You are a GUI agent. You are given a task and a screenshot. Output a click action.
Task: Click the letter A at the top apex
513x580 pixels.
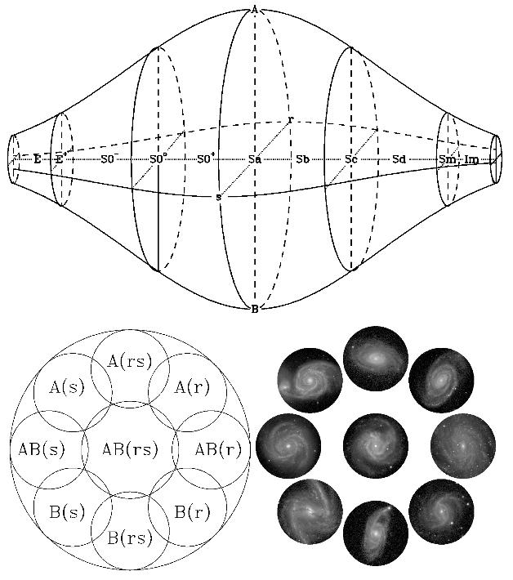[255, 9]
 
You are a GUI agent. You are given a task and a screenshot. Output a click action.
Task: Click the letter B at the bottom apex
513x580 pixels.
[255, 309]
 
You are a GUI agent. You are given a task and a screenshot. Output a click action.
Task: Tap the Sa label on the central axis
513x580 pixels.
[255, 159]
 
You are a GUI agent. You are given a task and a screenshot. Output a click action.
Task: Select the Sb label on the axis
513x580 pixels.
[302, 159]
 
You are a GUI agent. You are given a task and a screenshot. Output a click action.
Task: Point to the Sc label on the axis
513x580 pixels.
[350, 159]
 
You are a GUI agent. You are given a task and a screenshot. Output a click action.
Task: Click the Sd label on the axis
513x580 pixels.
[399, 159]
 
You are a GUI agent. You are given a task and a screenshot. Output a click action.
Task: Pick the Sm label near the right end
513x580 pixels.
[446, 159]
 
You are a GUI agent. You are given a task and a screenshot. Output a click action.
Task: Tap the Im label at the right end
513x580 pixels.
[471, 159]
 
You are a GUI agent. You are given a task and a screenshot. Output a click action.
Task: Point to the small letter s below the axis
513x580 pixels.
[218, 197]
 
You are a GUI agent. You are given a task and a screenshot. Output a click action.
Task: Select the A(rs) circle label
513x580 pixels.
[129, 360]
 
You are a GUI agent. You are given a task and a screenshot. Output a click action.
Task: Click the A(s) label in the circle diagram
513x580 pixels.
[66, 387]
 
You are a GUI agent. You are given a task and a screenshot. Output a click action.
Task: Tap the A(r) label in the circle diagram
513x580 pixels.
[192, 387]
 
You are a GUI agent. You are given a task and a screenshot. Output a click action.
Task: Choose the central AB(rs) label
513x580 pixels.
[129, 448]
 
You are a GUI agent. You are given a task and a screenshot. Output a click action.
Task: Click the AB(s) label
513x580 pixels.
[41, 448]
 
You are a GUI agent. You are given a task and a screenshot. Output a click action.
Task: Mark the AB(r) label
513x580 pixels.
[219, 448]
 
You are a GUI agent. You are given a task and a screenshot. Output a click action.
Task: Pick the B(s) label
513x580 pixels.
[66, 512]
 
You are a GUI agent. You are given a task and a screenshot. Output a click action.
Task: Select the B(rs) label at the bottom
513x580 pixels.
[129, 538]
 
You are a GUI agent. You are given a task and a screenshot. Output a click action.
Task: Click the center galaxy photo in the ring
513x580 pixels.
[376, 446]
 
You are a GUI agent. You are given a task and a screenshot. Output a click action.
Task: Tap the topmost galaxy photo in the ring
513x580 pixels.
[376, 358]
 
